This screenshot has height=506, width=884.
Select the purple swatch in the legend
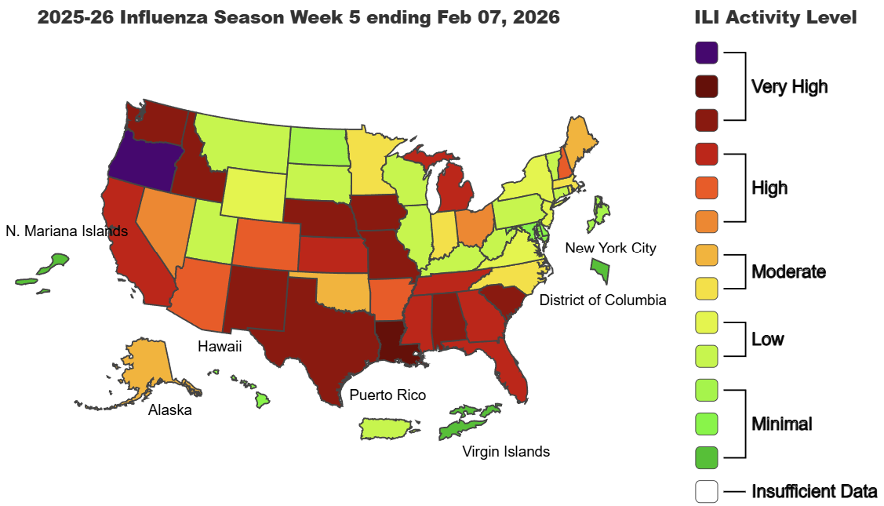coord(706,53)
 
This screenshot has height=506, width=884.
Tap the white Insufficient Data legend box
coord(706,491)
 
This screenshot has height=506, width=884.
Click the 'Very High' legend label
coord(789,86)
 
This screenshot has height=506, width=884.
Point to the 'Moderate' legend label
coord(788,272)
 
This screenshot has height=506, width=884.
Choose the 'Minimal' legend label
coord(781,424)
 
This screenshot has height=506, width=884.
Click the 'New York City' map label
coord(610,248)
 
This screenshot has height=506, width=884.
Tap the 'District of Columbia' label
coord(602,300)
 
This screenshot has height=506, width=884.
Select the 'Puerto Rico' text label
coord(387,395)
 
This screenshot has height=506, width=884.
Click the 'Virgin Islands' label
coord(505,451)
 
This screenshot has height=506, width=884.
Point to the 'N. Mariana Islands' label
coord(66,231)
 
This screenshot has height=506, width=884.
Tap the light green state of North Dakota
coord(321,145)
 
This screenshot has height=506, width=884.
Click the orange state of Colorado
coord(265,242)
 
